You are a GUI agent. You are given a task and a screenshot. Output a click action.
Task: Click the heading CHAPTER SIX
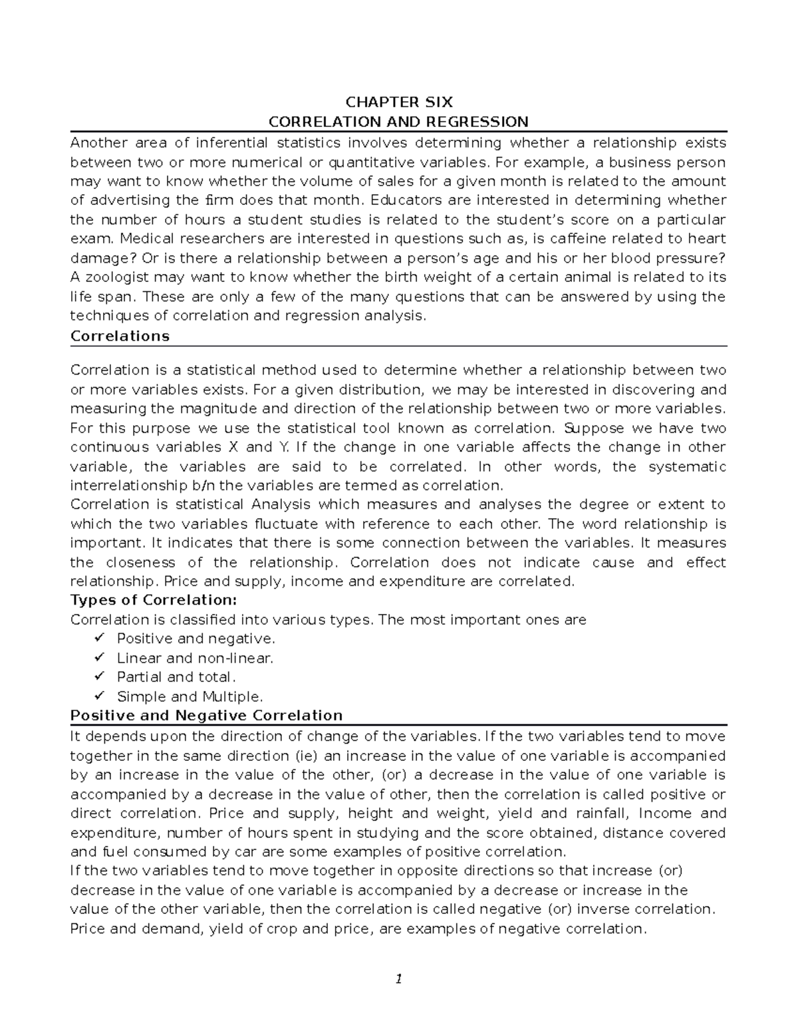tap(398, 102)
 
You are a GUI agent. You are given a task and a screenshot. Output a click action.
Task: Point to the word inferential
tap(230, 143)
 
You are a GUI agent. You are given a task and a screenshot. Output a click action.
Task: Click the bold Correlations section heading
tap(120, 336)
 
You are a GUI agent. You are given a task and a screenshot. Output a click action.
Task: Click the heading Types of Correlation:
tap(153, 600)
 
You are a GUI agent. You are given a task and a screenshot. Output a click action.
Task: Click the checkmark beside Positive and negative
tap(100, 639)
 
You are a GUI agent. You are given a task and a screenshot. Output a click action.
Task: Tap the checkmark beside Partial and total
tap(100, 677)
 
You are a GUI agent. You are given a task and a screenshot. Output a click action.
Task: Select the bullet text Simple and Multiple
tap(190, 697)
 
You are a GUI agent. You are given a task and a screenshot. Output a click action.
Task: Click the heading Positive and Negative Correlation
tap(206, 716)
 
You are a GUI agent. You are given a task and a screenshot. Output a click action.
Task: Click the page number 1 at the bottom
tap(398, 978)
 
